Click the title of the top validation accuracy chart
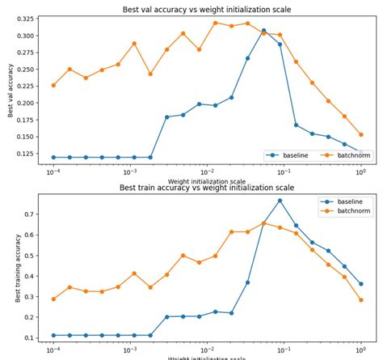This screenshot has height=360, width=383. [x=206, y=10]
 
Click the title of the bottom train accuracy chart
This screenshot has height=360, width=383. [x=207, y=188]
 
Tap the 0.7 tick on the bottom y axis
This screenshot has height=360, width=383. [x=29, y=214]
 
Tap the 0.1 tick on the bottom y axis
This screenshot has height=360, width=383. [x=29, y=337]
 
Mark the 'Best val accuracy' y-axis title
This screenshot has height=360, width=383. [x=11, y=91]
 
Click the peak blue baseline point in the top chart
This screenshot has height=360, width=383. [x=263, y=31]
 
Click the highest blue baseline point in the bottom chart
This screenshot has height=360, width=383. [x=280, y=201]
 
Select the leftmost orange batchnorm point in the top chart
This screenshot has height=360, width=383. [x=53, y=85]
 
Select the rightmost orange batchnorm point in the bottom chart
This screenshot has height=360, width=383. [x=360, y=299]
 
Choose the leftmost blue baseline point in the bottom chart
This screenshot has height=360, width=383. [x=53, y=335]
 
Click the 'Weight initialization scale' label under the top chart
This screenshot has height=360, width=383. [x=206, y=181]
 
